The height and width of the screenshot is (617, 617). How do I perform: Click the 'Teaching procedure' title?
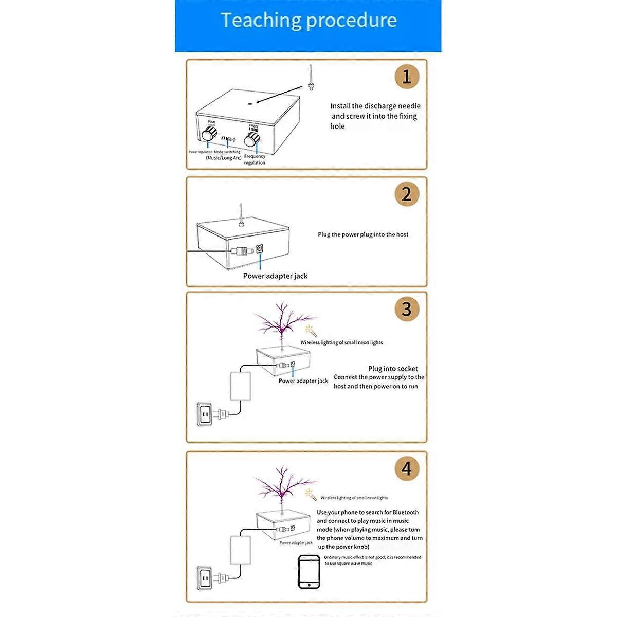click(x=308, y=21)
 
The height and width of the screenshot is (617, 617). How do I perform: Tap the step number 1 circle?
click(x=407, y=77)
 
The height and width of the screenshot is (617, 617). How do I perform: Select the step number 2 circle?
click(x=407, y=194)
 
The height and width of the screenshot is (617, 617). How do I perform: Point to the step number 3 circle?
click(x=407, y=309)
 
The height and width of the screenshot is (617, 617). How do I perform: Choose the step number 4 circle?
click(x=407, y=469)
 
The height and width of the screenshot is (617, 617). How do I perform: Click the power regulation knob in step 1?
click(x=210, y=134)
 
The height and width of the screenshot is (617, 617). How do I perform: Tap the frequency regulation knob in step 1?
click(x=251, y=139)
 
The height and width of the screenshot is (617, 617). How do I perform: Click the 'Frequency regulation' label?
click(x=255, y=159)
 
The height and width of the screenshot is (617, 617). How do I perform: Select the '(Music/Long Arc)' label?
click(x=223, y=158)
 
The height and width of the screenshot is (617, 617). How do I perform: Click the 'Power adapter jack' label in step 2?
click(x=275, y=276)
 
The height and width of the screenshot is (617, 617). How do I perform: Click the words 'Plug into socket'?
click(x=393, y=369)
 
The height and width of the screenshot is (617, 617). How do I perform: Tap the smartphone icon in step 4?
click(x=308, y=571)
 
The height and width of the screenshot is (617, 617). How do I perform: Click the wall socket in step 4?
click(x=205, y=578)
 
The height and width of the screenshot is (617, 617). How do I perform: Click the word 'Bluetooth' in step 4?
click(x=405, y=512)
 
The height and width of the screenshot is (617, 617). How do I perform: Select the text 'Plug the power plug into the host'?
click(x=363, y=234)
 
